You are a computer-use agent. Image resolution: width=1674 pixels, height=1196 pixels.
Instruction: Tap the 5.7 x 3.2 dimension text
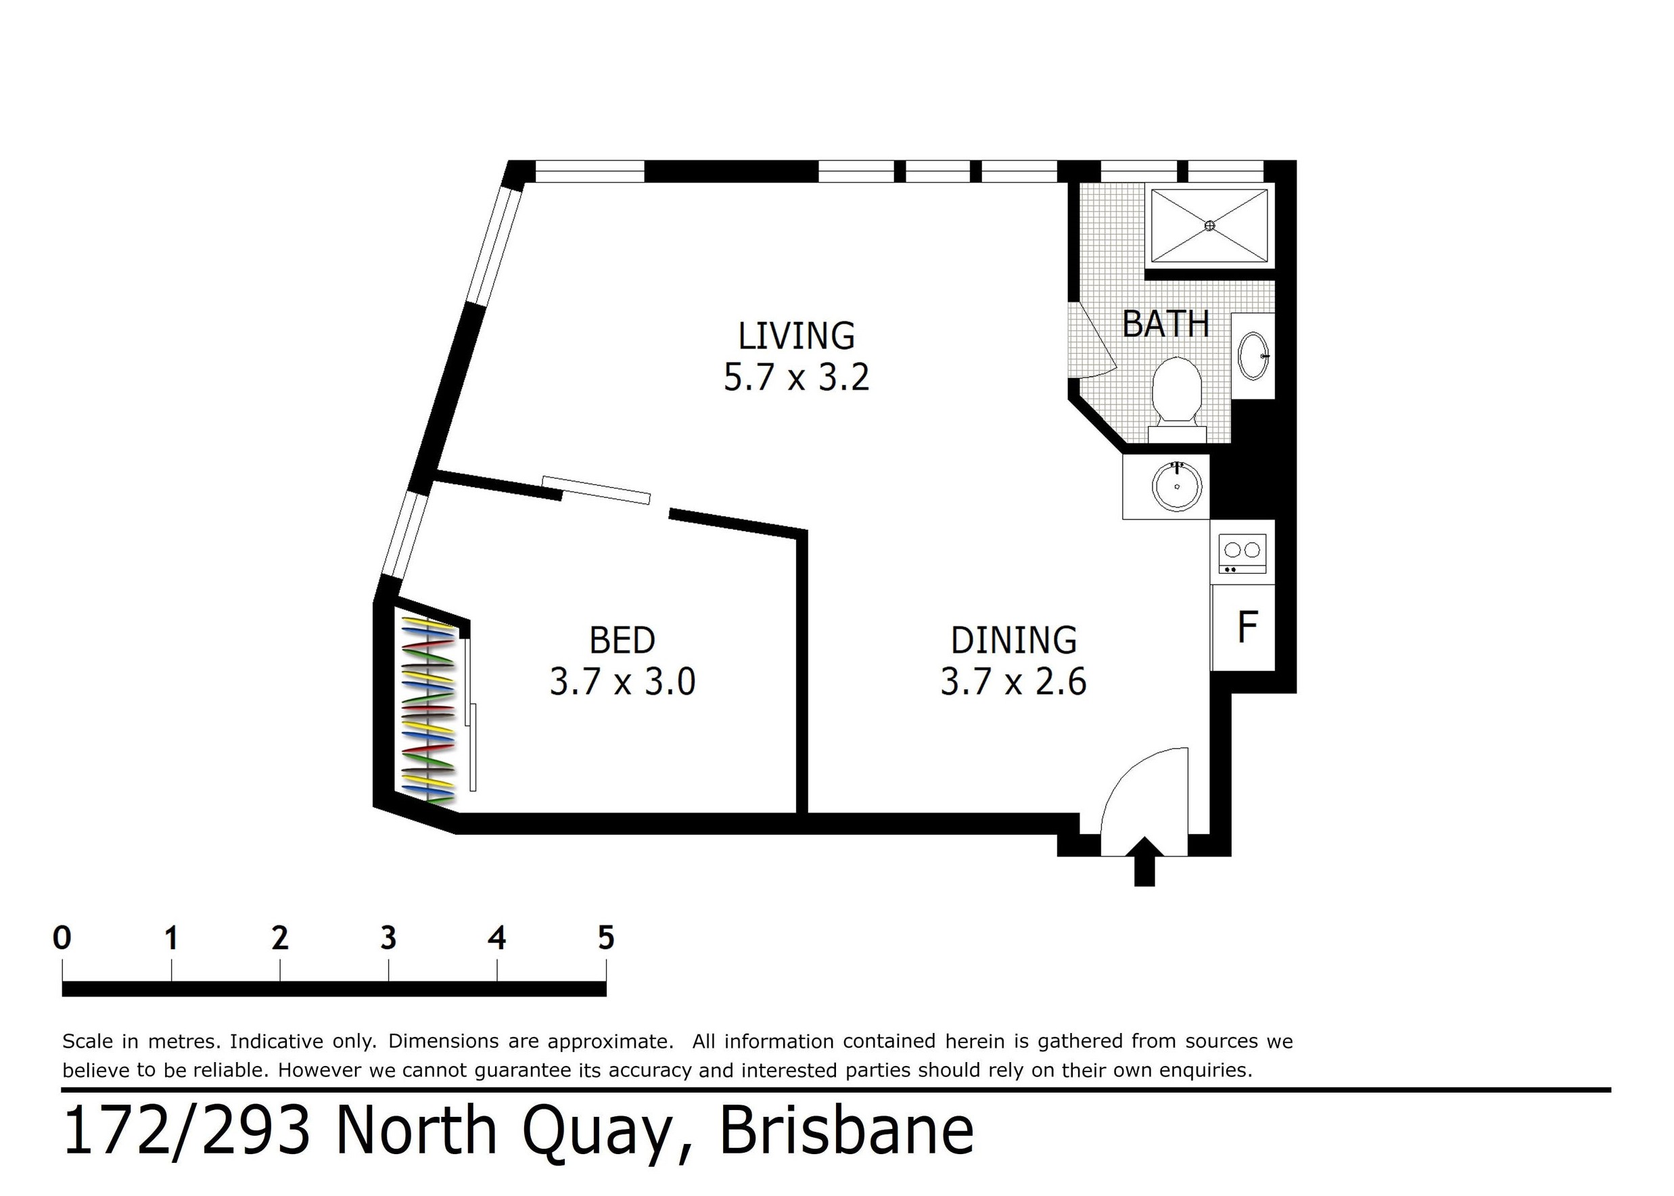pos(797,377)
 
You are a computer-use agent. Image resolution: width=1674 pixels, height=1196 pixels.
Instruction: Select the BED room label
pos(622,640)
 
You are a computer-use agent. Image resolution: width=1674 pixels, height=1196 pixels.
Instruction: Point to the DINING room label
pos(1014,640)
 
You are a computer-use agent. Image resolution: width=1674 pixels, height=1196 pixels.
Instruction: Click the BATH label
pos(1165,324)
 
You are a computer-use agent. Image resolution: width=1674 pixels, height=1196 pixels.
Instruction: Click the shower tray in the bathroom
pos(1209,225)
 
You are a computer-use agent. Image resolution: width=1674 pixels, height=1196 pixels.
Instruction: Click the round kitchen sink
pos(1177,486)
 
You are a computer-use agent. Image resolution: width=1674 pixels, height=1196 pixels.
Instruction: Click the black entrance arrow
pos(1144,861)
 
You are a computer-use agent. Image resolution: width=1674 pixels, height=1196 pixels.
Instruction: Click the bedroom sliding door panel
pos(597,490)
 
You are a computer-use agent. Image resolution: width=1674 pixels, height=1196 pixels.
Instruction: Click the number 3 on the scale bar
pos(388,938)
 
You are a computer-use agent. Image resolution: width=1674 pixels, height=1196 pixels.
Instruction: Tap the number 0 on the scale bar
pos(63,938)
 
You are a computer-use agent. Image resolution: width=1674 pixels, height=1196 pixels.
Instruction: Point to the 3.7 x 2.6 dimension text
pos(1014,681)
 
